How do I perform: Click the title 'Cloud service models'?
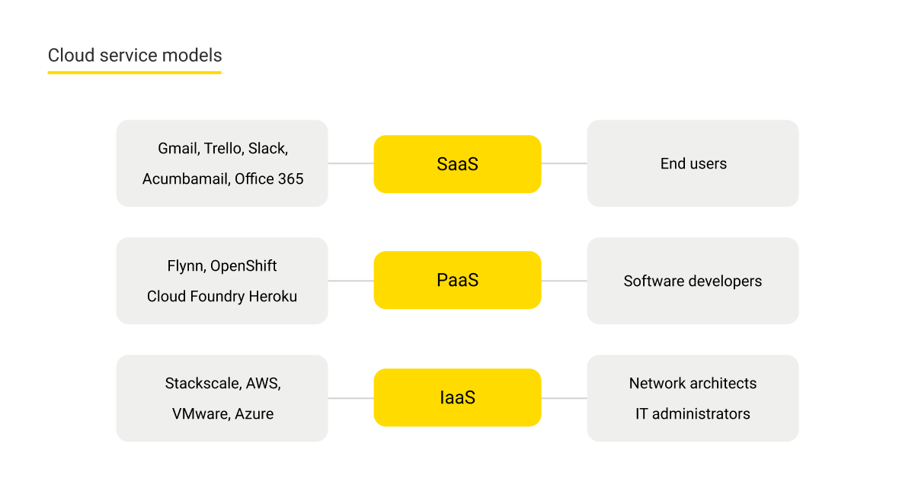(135, 56)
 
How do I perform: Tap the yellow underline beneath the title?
(135, 72)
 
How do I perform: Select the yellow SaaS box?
(457, 164)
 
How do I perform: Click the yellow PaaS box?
(457, 281)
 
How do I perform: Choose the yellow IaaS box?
(457, 397)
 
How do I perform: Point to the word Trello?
(224, 149)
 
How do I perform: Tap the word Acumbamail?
(184, 179)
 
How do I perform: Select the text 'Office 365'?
(269, 179)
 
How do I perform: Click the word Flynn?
(184, 266)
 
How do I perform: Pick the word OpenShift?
(244, 266)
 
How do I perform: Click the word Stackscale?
(202, 384)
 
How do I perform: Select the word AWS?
(262, 384)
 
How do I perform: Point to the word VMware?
(199, 414)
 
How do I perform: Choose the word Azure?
(254, 414)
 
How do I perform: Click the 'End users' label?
(693, 164)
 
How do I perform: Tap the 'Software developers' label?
(693, 281)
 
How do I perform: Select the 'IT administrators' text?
(693, 414)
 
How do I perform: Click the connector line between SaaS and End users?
(564, 163)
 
